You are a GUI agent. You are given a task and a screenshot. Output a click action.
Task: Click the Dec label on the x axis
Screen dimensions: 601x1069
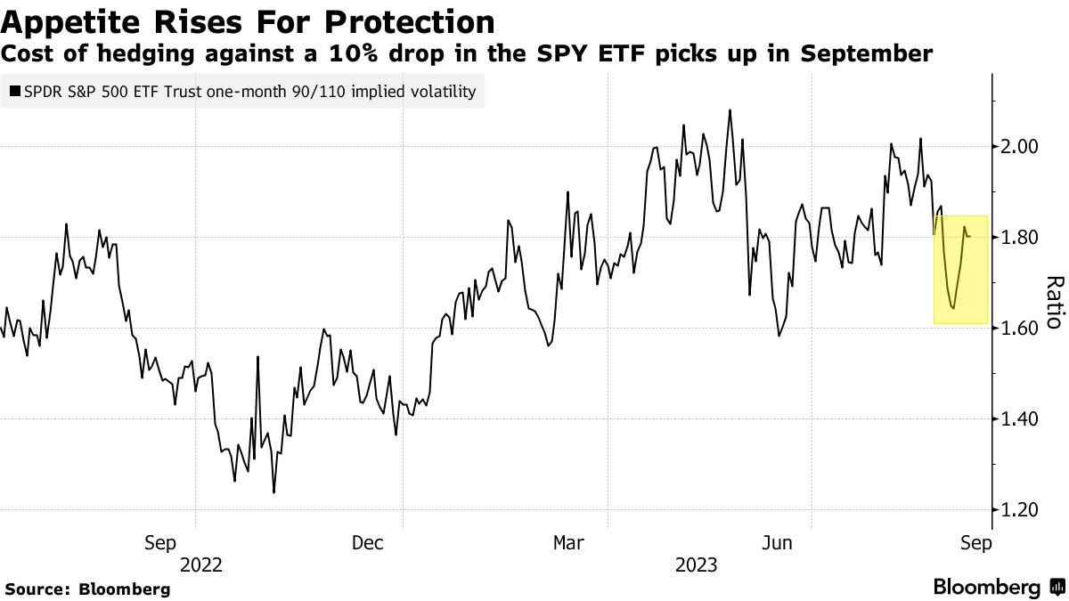pyautogui.click(x=367, y=542)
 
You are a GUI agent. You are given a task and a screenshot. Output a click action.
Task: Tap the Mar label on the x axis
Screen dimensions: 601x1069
pyautogui.click(x=570, y=542)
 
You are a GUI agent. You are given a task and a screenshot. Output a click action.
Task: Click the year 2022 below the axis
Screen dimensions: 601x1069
pyautogui.click(x=201, y=564)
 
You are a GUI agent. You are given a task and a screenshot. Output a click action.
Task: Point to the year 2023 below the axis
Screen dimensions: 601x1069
pyautogui.click(x=697, y=564)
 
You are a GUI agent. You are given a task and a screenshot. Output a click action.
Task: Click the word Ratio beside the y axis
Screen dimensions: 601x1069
pyautogui.click(x=1053, y=303)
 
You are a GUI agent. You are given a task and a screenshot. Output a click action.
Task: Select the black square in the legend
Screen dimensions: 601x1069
pyautogui.click(x=13, y=91)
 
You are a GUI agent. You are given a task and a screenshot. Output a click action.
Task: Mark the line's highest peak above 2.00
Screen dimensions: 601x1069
pyautogui.click(x=730, y=110)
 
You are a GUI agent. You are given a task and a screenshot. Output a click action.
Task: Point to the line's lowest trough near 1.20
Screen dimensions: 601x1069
pyautogui.click(x=273, y=492)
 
